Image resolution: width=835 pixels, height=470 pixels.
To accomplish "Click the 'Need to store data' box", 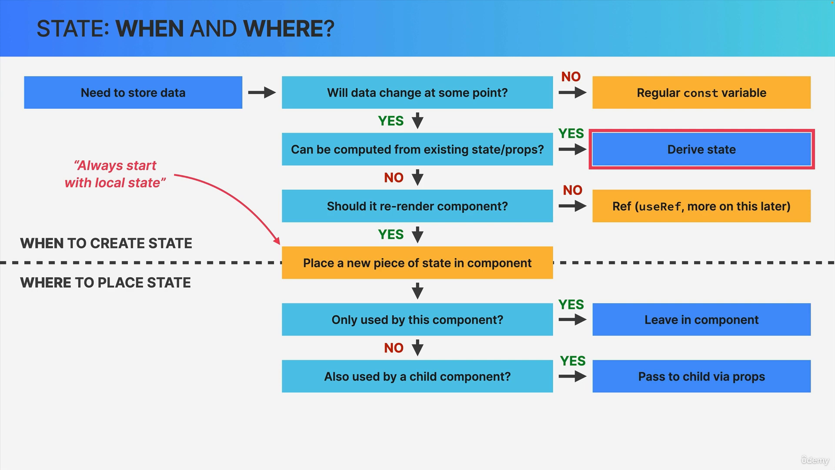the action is tap(133, 92).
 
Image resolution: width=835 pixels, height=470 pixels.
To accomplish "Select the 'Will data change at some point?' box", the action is tap(417, 92).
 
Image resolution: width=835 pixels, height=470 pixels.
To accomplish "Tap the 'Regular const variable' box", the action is tap(701, 92).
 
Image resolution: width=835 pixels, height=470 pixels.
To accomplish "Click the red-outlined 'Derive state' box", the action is tap(701, 149).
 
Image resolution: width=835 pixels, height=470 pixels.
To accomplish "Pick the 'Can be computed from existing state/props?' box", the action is tap(417, 149).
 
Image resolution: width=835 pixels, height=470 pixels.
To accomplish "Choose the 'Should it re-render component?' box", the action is tap(417, 206).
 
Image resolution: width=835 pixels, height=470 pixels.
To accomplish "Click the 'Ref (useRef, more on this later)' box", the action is tap(701, 206).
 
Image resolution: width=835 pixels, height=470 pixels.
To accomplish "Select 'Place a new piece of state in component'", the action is tap(417, 263).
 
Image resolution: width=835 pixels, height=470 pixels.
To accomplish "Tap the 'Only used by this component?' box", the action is tap(417, 319).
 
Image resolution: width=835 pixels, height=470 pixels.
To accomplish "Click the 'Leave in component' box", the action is tap(701, 319).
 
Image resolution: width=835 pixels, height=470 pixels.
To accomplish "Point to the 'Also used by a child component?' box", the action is tap(417, 376).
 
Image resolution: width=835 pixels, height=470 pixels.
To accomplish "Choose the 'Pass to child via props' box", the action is tap(701, 376).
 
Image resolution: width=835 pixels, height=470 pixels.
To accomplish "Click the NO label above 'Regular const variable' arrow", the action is tap(571, 77).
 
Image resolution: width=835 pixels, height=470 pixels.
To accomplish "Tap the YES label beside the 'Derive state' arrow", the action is tap(571, 133).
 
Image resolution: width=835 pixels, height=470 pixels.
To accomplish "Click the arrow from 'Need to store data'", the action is tap(262, 92).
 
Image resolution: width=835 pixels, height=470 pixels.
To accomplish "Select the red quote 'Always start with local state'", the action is tap(115, 174).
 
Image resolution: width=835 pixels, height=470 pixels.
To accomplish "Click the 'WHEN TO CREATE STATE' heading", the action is tap(106, 243).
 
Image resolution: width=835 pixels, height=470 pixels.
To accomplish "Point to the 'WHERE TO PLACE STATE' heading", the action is tap(105, 282).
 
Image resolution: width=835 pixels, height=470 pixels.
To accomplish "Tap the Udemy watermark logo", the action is tap(815, 460).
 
